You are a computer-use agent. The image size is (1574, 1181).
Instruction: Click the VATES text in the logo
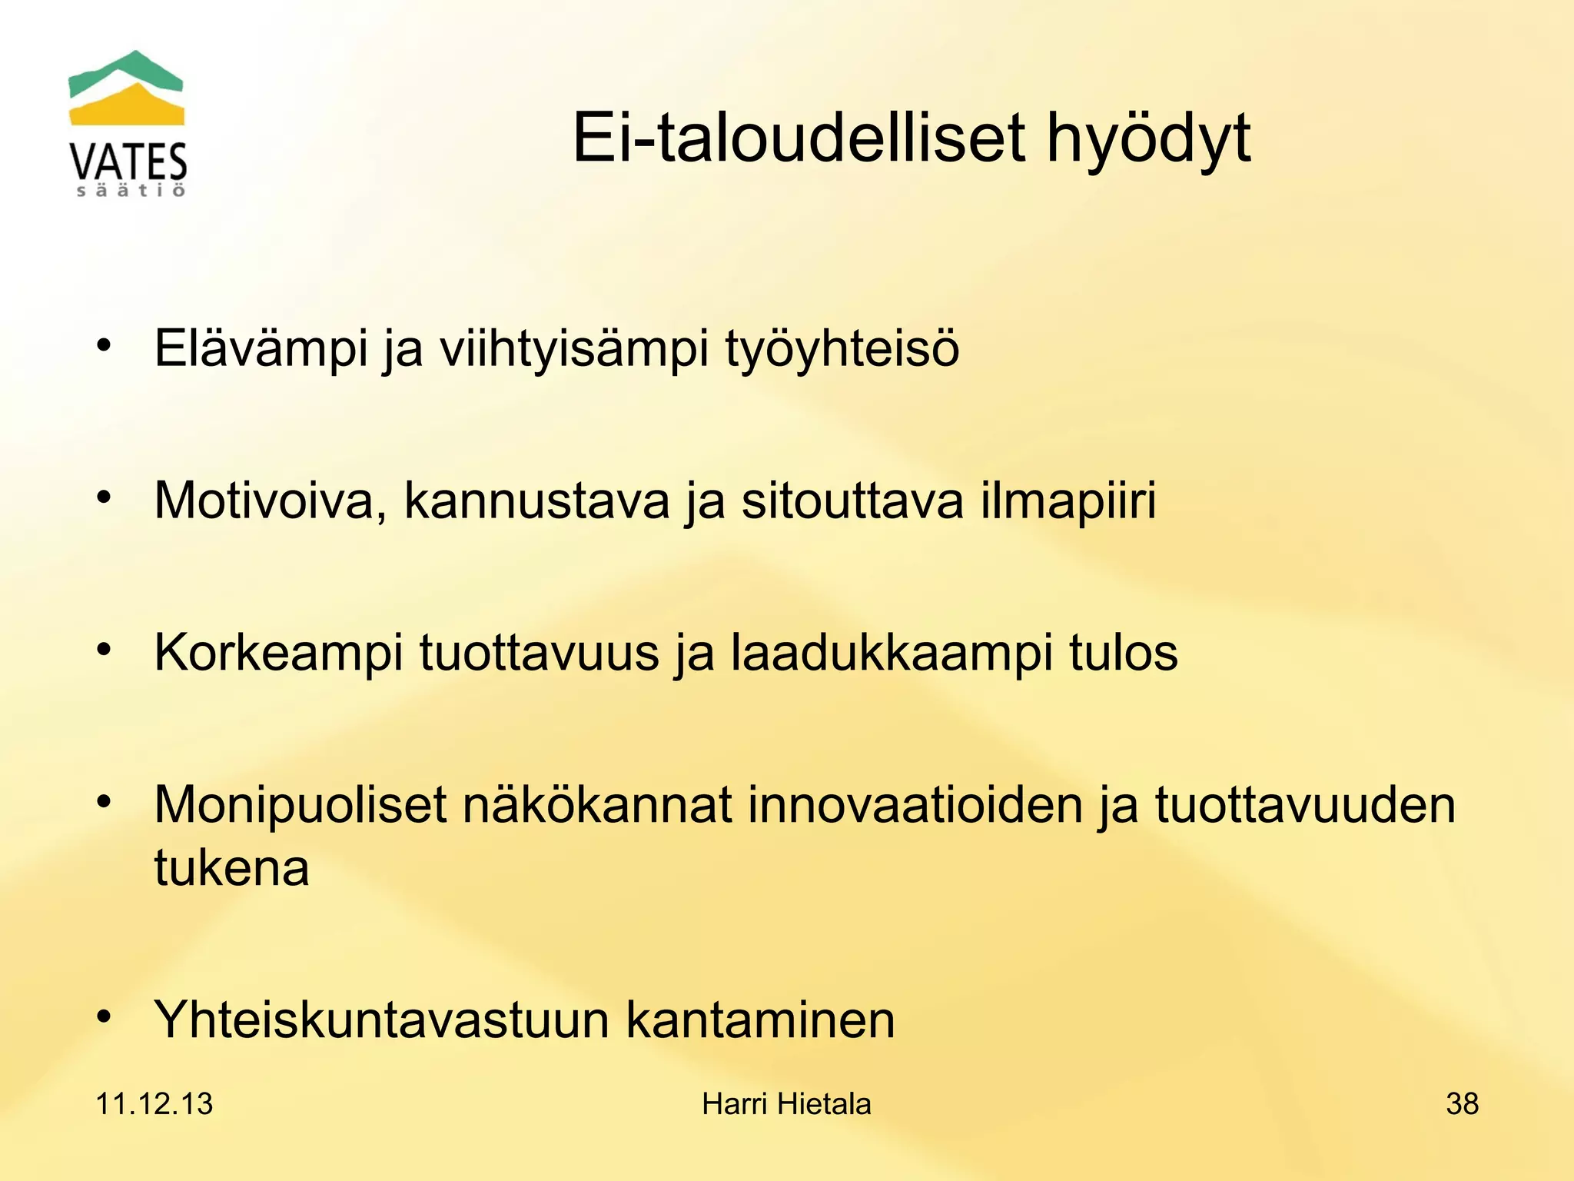tap(128, 162)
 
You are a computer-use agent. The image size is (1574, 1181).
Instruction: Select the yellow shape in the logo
tap(128, 108)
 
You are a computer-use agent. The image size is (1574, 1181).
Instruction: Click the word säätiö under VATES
tap(131, 191)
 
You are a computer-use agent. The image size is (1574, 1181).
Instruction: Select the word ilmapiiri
tap(1068, 501)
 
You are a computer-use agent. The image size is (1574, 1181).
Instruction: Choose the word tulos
tap(1123, 653)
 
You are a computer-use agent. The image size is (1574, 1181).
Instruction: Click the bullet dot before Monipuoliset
tap(104, 801)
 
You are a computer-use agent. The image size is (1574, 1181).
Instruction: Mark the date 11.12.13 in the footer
tap(154, 1104)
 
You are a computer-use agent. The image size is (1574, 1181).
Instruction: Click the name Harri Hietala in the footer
tap(786, 1104)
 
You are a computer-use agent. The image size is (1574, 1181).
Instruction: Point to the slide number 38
tap(1462, 1104)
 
